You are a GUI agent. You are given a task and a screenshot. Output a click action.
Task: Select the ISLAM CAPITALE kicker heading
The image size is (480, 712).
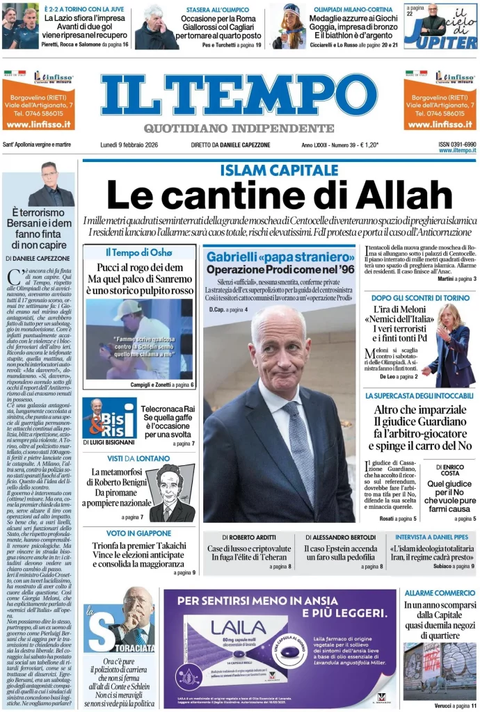(279, 170)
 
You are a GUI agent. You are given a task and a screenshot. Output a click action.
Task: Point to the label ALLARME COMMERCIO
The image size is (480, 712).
(440, 592)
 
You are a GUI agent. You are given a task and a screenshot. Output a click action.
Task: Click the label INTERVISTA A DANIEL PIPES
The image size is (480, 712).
(435, 537)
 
